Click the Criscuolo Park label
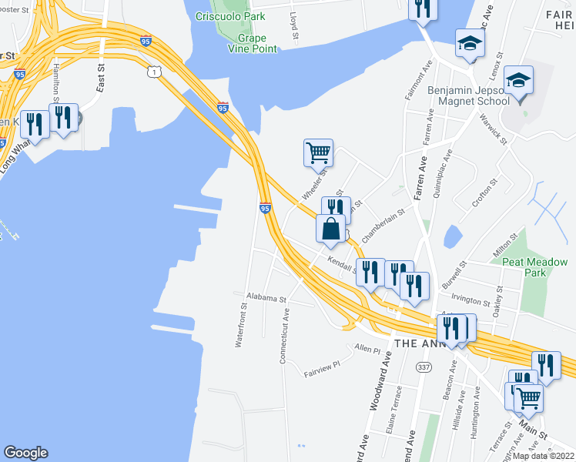click(230, 16)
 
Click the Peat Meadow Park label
click(534, 267)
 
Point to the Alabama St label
click(266, 296)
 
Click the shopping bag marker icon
click(330, 229)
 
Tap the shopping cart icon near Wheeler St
click(318, 152)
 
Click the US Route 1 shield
click(156, 72)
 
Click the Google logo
click(25, 453)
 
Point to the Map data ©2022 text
click(543, 456)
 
